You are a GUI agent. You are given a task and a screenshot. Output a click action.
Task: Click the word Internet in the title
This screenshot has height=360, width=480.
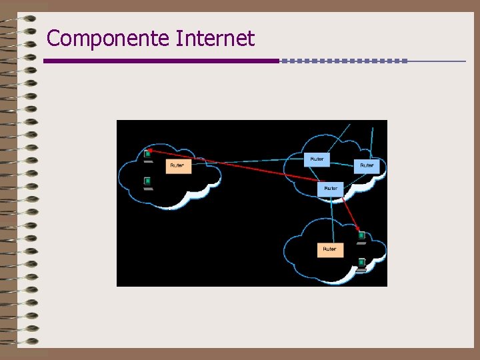(215, 39)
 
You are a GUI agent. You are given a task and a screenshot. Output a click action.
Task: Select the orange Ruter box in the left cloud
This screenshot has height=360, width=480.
(178, 165)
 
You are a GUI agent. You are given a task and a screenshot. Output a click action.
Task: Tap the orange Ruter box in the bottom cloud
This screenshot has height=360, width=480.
(330, 249)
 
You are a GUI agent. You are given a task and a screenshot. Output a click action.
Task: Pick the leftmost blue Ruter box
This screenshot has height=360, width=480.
(317, 159)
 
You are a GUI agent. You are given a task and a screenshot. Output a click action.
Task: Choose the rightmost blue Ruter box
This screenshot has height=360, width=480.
(367, 165)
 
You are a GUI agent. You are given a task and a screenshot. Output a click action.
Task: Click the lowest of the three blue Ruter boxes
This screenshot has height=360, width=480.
(331, 189)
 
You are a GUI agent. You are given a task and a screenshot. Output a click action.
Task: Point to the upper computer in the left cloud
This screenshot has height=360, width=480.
(147, 155)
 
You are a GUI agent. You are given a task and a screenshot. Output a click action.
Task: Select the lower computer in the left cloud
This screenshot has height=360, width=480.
(147, 182)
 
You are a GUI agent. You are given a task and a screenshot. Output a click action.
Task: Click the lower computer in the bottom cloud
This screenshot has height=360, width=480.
(361, 264)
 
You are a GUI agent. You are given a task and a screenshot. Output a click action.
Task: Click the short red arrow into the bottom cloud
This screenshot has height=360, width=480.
(351, 213)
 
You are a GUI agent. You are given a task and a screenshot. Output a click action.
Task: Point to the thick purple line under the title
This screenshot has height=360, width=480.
(160, 61)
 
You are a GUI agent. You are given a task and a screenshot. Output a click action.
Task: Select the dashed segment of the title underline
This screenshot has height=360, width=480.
(343, 61)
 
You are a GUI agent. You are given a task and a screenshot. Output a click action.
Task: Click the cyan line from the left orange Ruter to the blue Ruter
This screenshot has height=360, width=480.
(247, 161)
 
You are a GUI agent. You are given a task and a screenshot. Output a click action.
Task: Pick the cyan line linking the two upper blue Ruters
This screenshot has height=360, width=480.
(342, 162)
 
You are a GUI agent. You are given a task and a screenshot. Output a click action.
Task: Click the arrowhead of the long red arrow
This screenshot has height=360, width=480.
(151, 151)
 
